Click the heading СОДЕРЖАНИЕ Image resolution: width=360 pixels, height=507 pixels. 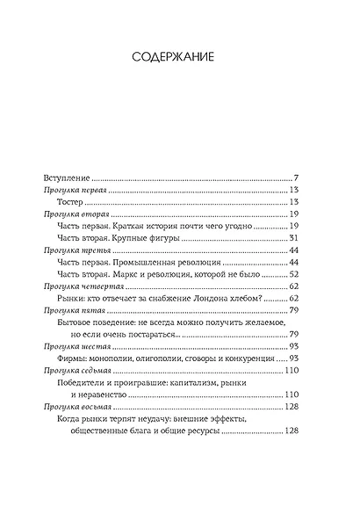click(x=179, y=57)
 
